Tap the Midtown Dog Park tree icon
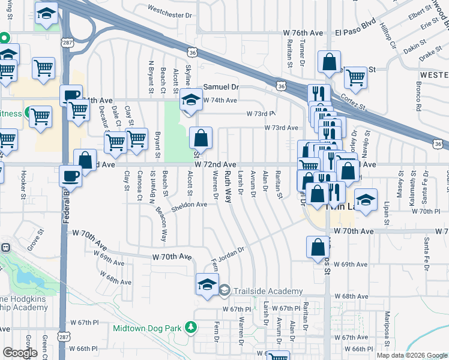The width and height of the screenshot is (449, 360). (191, 328)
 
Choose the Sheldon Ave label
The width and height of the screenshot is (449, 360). (189, 205)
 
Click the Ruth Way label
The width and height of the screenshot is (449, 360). (228, 187)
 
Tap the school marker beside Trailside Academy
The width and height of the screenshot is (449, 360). (206, 284)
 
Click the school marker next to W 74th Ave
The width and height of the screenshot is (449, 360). (190, 100)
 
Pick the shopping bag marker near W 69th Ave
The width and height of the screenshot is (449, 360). (318, 248)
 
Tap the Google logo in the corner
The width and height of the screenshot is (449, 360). (20, 353)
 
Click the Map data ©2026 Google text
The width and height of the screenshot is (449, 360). (412, 355)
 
